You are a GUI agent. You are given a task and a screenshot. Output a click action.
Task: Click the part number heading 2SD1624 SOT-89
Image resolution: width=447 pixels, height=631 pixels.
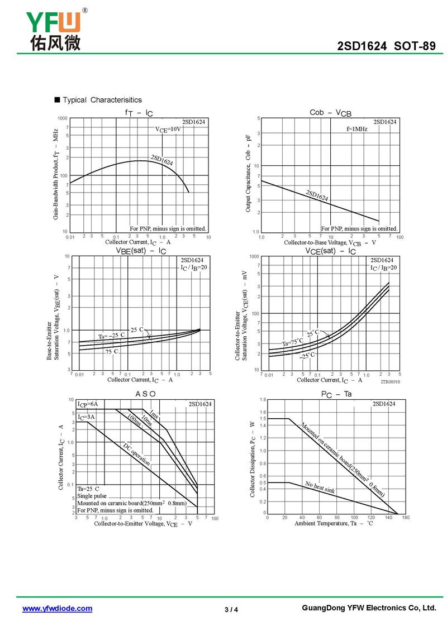(x=386, y=46)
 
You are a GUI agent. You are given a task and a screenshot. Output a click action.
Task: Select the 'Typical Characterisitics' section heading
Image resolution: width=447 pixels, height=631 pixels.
(x=102, y=100)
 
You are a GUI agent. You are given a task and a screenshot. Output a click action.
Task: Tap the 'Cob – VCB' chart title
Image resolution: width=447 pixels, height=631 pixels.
(x=331, y=113)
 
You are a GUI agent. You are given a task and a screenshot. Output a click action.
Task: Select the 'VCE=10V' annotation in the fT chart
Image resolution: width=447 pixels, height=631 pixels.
(x=168, y=130)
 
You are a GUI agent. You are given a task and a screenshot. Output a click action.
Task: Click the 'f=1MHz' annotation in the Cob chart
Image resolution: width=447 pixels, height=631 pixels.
(x=356, y=129)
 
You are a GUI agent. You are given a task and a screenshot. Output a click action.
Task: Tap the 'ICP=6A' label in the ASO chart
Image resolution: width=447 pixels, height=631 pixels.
(x=88, y=404)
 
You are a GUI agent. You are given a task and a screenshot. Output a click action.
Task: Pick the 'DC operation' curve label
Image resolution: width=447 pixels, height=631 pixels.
(x=137, y=454)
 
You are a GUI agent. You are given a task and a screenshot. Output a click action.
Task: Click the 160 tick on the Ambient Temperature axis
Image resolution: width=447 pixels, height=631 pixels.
(x=406, y=518)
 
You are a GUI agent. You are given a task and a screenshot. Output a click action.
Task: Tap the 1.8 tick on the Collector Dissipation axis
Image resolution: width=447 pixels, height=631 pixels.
(x=263, y=400)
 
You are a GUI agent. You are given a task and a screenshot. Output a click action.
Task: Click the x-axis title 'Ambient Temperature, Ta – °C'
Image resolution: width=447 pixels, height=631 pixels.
(x=334, y=524)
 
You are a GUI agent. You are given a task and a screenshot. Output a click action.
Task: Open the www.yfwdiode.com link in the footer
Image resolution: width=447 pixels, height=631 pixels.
(x=57, y=609)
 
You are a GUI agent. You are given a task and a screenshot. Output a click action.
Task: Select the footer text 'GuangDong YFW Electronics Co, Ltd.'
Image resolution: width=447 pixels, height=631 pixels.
(x=368, y=608)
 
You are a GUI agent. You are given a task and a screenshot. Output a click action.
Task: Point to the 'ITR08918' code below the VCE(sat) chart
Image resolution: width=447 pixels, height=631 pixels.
(x=391, y=382)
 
